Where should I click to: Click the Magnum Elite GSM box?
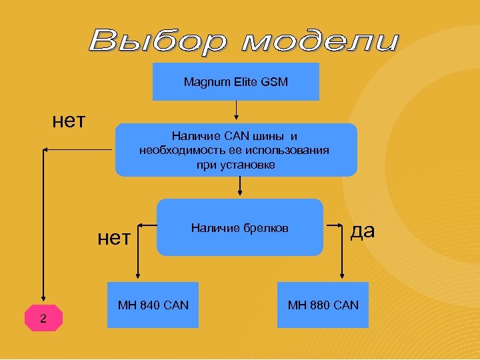(x=236, y=82)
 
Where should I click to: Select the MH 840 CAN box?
(x=153, y=305)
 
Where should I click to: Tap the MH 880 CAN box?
(x=323, y=305)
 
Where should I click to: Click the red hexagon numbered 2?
(x=43, y=318)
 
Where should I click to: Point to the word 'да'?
(x=363, y=230)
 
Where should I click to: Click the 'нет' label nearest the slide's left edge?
(x=69, y=121)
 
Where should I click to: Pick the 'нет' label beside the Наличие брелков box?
(x=114, y=237)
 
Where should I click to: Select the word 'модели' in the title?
(x=320, y=41)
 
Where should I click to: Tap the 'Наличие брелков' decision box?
(x=240, y=228)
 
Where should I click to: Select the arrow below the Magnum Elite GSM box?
(x=236, y=111)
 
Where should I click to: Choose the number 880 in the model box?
(x=321, y=305)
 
